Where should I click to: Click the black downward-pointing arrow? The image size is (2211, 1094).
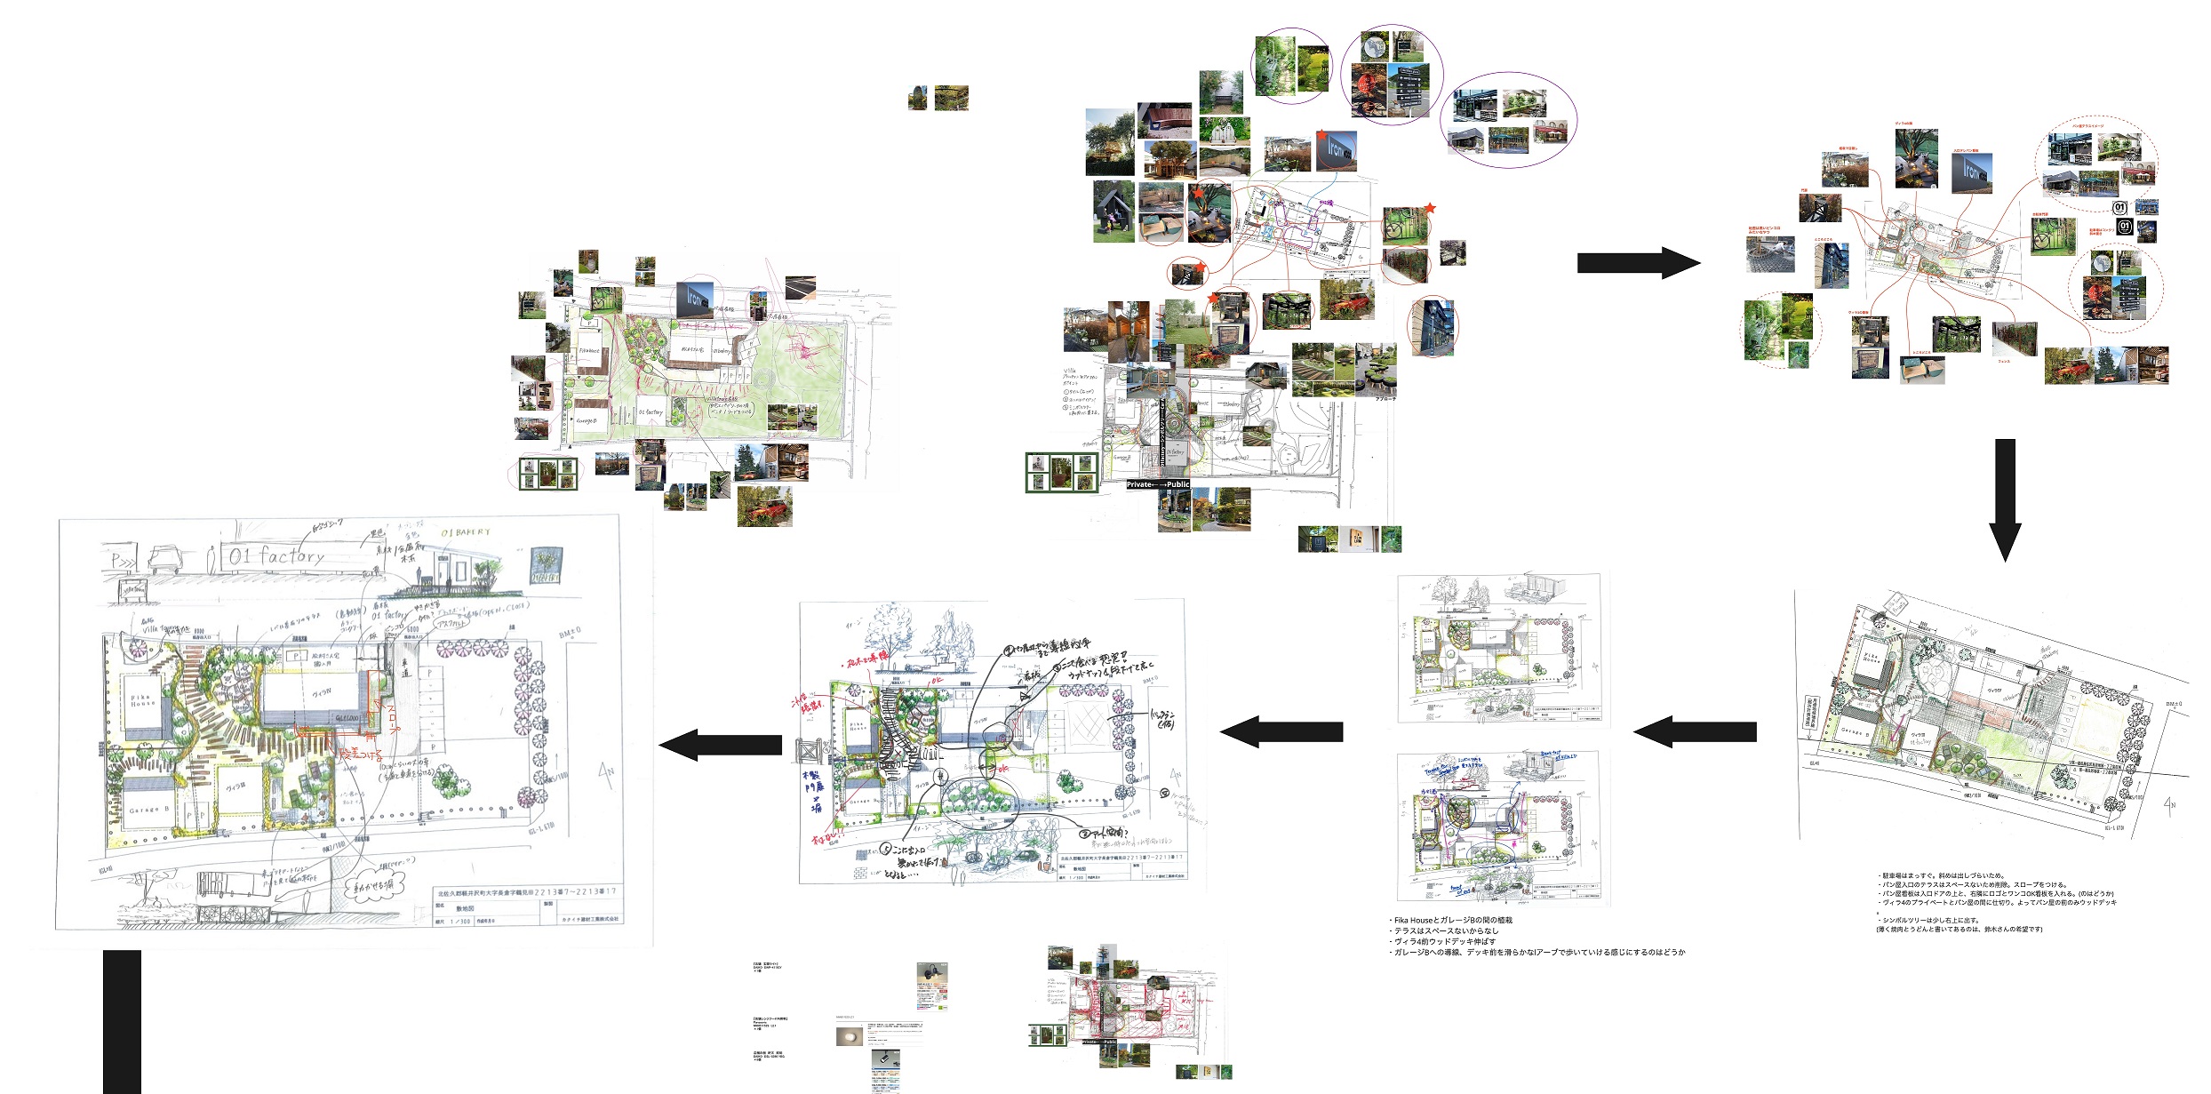point(2005,498)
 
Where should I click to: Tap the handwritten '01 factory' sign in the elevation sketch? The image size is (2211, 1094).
point(276,557)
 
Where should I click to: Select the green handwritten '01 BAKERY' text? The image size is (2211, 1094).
point(465,533)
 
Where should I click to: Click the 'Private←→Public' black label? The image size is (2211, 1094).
point(1158,484)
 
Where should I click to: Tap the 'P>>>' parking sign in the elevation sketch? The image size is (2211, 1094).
point(121,561)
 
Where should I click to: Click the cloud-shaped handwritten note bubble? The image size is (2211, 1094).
point(373,885)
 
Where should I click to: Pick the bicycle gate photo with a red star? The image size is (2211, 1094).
point(1405,226)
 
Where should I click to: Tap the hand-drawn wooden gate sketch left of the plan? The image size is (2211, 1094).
point(809,752)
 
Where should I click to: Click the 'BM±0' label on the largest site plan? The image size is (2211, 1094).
point(570,634)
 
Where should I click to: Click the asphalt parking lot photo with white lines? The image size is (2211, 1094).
point(800,287)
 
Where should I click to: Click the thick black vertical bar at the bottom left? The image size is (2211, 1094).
point(122,1022)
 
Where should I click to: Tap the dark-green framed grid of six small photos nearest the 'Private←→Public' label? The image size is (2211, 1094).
point(1062,472)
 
